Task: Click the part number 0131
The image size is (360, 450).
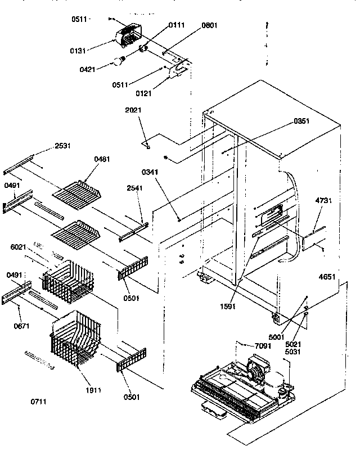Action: click(78, 50)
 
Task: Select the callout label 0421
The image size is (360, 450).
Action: click(88, 69)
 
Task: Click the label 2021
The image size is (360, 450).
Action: click(133, 110)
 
